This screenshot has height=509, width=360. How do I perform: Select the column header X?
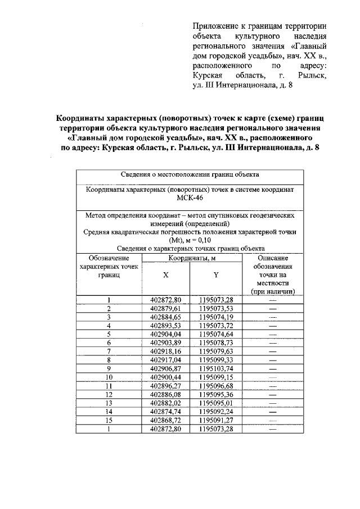(166, 275)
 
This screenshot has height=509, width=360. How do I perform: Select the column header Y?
(215, 275)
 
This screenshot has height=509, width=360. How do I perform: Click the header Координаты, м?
(191, 258)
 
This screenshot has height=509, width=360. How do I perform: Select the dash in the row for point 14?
(273, 411)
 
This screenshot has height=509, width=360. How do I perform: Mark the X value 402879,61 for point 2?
(166, 308)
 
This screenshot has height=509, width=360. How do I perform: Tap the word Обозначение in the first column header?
(109, 258)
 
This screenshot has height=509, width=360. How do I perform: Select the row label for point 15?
(109, 419)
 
